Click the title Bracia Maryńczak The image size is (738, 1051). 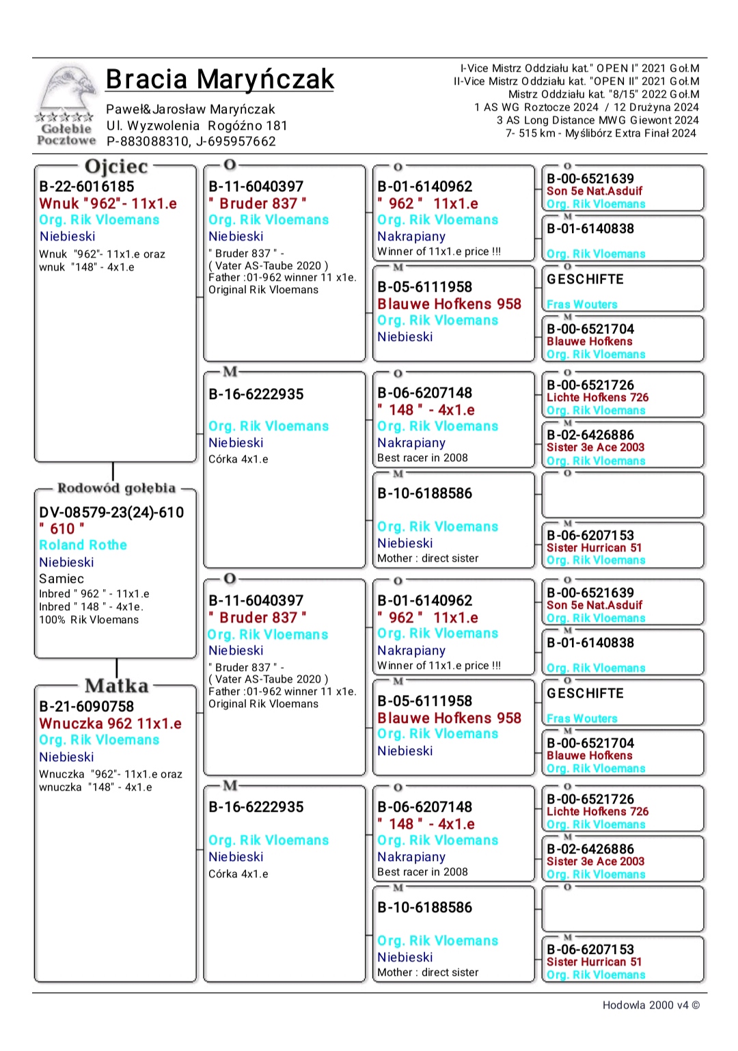point(219,79)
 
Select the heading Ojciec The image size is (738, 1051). point(115,166)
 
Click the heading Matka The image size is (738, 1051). point(116,685)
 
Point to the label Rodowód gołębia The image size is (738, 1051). point(116,488)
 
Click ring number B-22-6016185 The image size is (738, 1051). point(87,187)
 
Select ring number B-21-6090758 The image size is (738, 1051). point(87,707)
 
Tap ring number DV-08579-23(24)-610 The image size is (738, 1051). point(111,513)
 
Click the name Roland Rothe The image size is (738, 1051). point(83,545)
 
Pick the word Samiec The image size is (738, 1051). point(61,579)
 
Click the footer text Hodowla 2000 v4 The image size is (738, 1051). point(651,1005)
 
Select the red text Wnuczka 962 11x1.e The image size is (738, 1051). point(110,724)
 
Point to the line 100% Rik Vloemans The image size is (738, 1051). point(89,620)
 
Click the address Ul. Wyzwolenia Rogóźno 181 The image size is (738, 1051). point(197,126)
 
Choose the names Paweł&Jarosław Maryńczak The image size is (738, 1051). point(190,109)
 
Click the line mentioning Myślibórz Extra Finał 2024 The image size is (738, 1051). point(601,133)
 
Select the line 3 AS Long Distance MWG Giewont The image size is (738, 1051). point(597,120)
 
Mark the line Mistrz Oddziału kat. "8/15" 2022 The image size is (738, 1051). point(603,94)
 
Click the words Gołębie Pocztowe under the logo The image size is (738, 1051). point(66,135)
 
